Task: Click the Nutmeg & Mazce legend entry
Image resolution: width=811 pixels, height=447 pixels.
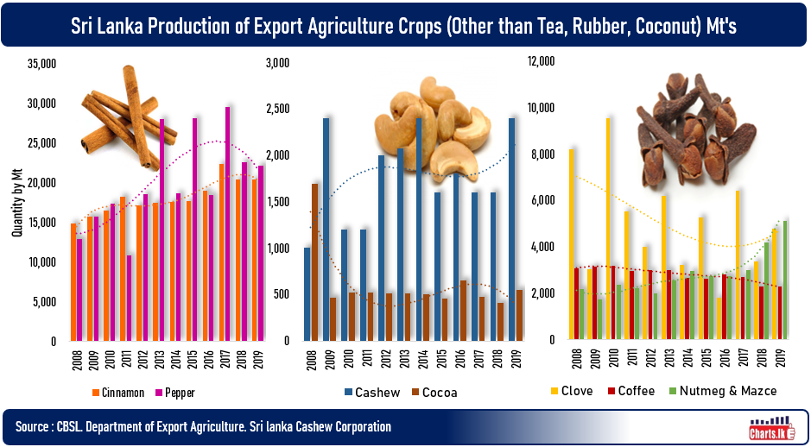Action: point(725,391)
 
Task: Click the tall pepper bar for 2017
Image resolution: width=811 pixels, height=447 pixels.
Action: point(228,224)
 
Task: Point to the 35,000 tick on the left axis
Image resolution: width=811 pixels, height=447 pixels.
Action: point(42,64)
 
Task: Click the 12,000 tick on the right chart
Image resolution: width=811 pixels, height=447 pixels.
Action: point(542,61)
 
